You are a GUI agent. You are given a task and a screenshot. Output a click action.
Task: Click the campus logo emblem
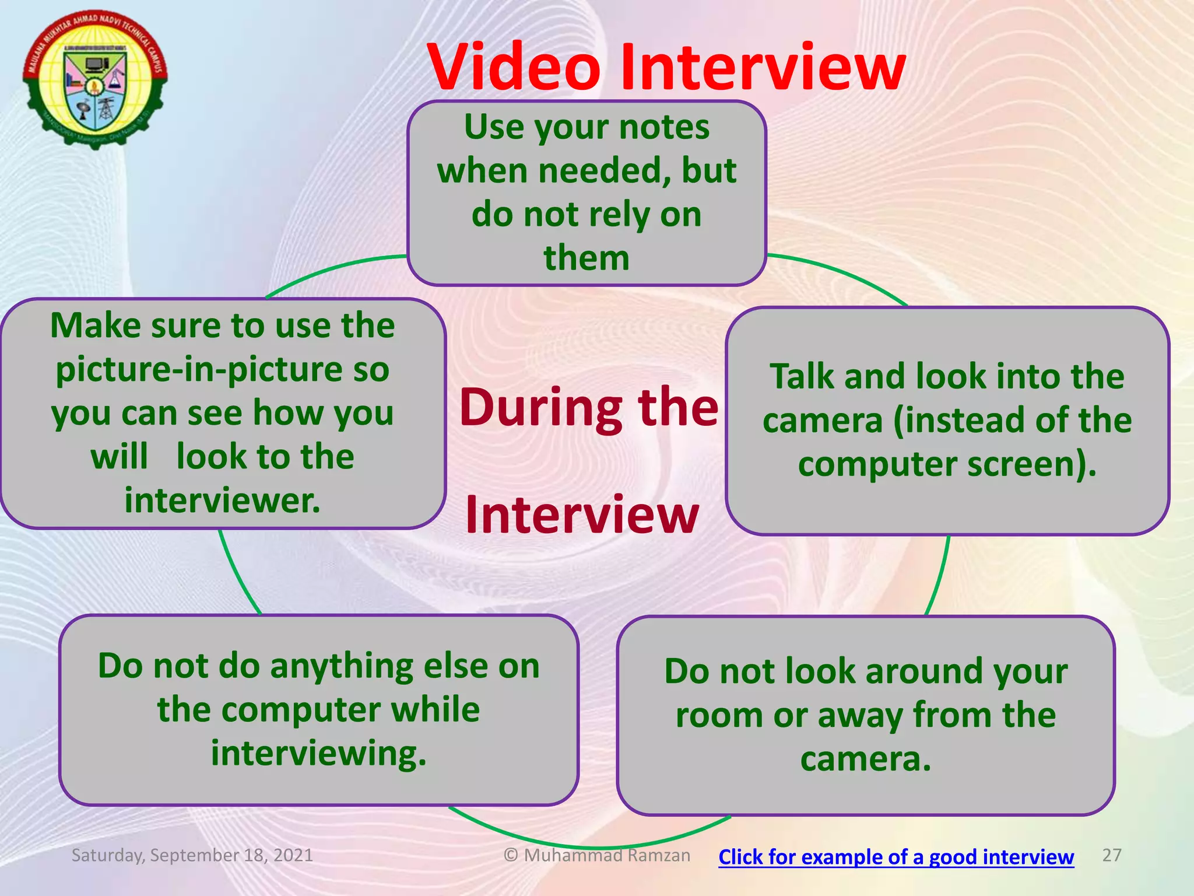[x=95, y=79]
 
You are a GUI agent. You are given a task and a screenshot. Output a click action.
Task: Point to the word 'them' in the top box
[x=587, y=258]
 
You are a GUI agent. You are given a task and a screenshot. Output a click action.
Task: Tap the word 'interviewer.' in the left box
[x=223, y=501]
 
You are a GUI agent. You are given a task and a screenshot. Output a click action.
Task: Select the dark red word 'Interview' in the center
[x=582, y=514]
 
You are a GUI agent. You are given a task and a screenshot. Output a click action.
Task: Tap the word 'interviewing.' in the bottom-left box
[x=319, y=754]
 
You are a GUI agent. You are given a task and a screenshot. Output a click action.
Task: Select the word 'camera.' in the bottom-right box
[x=866, y=759]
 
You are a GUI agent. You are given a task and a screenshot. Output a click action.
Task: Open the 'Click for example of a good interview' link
[x=896, y=857]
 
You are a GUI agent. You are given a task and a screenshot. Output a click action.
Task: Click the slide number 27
[x=1112, y=855]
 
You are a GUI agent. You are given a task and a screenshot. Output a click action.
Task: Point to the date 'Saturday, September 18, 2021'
[x=192, y=855]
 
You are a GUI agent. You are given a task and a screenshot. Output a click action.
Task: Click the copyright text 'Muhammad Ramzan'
[x=606, y=855]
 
